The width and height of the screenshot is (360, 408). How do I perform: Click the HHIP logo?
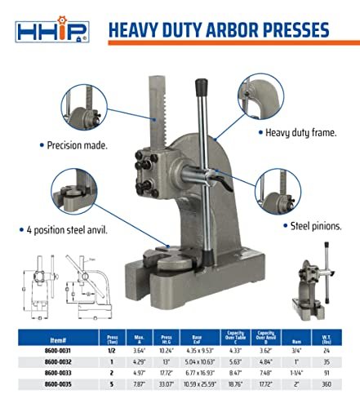(x=51, y=31)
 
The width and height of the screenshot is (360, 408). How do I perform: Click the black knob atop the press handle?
(x=198, y=86)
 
